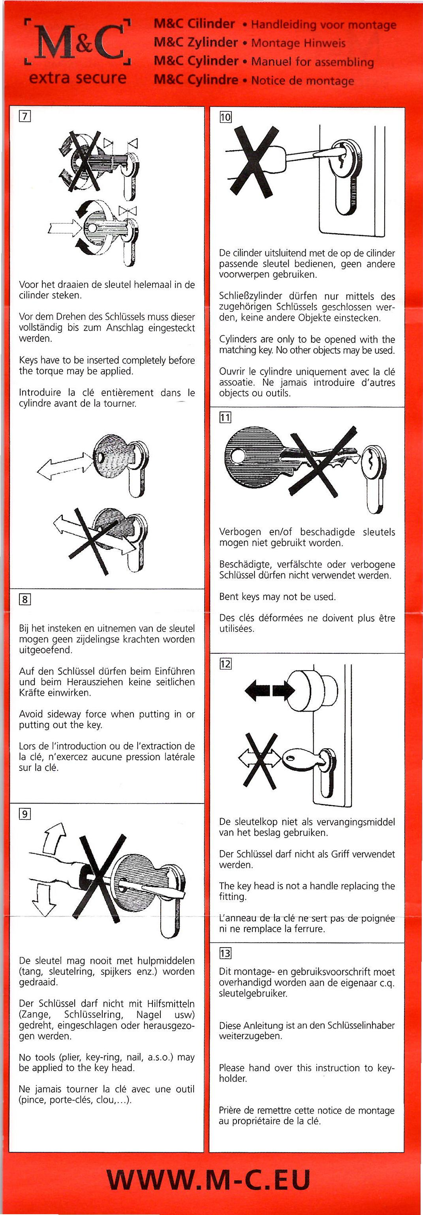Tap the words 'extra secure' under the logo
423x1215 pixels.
78,77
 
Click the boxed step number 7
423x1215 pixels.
24,116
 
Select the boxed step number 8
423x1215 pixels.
24,600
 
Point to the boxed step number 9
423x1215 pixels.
24,813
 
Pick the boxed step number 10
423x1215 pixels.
225,116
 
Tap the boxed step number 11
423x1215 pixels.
225,417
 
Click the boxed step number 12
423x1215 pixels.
225,664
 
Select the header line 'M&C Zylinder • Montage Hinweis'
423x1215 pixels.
250,43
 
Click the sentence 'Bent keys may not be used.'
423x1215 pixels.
277,596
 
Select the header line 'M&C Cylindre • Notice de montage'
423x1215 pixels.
254,80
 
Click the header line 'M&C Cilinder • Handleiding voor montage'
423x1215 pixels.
275,24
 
